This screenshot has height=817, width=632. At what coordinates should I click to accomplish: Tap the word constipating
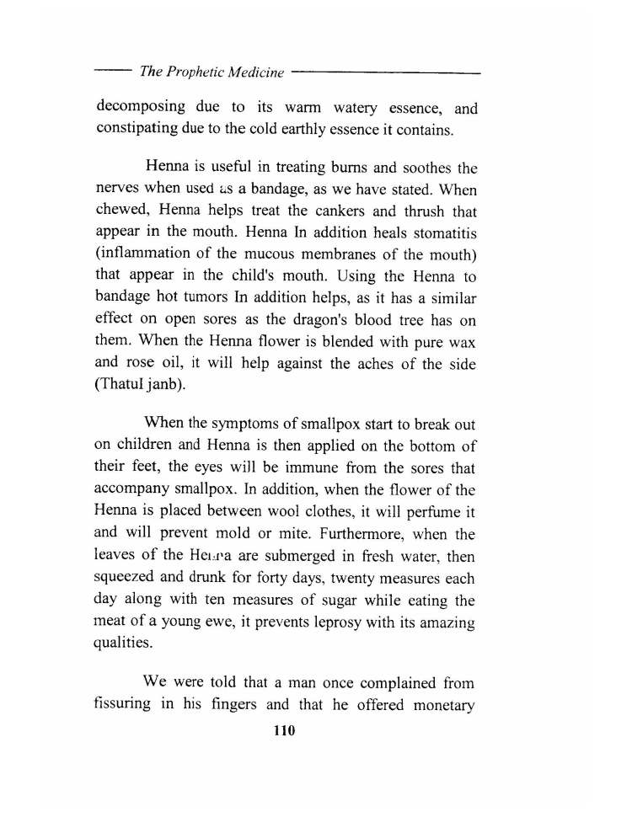click(x=144, y=131)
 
